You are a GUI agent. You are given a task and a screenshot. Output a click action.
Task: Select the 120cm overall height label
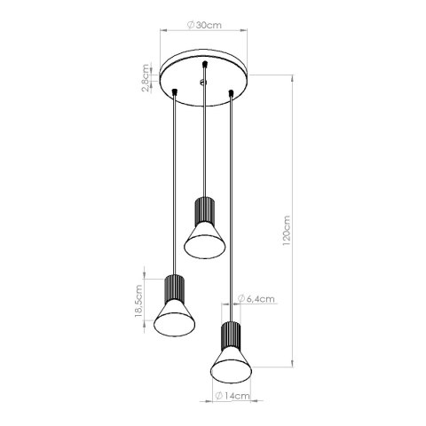pyautogui.click(x=286, y=233)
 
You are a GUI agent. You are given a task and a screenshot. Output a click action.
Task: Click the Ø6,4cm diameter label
pyautogui.click(x=256, y=300)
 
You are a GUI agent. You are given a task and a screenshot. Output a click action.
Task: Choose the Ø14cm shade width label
pyautogui.click(x=232, y=398)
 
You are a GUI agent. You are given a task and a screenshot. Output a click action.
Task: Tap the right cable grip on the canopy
pyautogui.click(x=232, y=91)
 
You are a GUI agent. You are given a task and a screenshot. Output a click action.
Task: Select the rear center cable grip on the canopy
pyautogui.click(x=205, y=65)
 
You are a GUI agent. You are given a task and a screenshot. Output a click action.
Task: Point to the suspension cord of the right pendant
pyautogui.click(x=233, y=204)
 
